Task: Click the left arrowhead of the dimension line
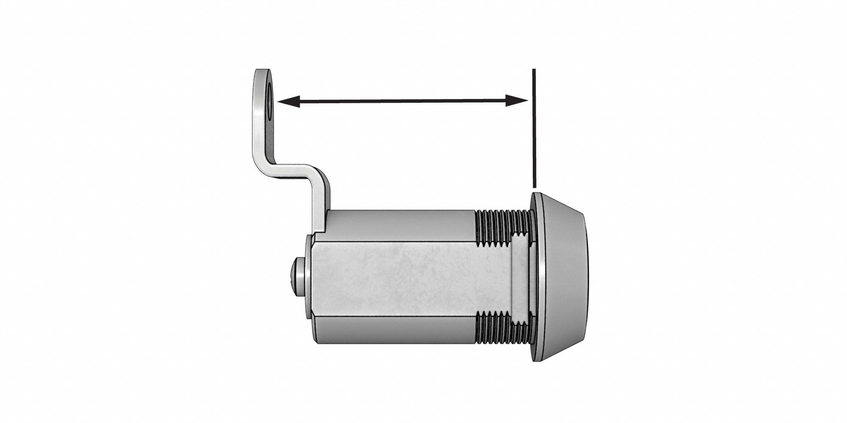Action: click(288, 101)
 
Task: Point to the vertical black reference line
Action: click(534, 127)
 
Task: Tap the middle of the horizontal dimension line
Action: click(402, 101)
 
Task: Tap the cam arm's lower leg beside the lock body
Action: click(321, 203)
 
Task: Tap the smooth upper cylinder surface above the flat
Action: click(398, 224)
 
